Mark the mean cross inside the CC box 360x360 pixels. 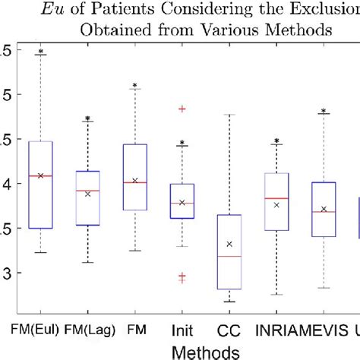click(229, 244)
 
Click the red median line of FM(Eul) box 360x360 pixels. click(40, 175)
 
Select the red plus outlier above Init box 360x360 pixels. click(182, 109)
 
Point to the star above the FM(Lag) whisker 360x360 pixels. click(87, 118)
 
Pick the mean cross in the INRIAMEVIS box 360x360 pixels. click(277, 204)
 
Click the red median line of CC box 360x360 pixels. click(229, 257)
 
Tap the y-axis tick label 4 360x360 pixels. click(5, 183)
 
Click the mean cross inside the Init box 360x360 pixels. click(182, 203)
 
